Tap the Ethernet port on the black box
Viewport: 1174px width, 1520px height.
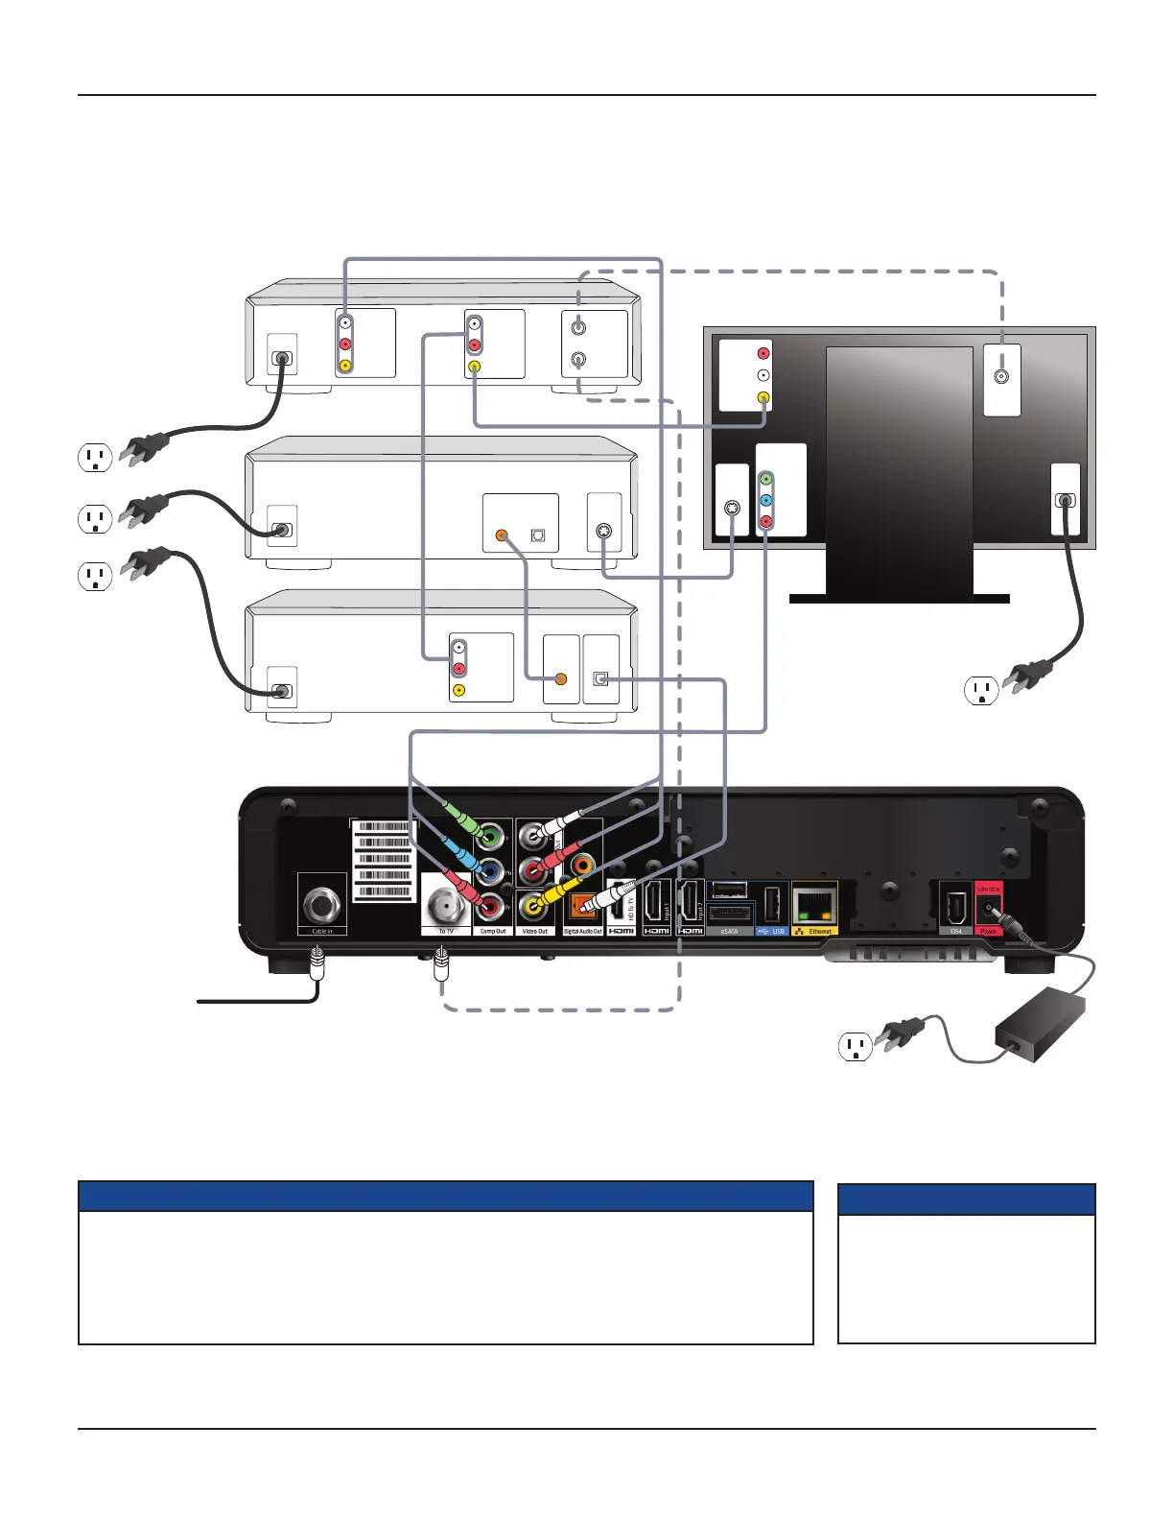814,904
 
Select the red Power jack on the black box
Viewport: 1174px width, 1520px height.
989,908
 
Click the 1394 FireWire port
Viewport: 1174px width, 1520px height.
955,906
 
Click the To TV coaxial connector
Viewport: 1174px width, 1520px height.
446,904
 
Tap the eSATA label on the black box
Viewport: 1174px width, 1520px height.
729,931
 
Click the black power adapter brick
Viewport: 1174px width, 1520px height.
1041,1026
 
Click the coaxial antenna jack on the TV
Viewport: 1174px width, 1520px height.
1002,377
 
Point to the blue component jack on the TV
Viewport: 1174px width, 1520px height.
765,500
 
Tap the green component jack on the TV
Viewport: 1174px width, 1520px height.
765,479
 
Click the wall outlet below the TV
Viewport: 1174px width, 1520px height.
981,690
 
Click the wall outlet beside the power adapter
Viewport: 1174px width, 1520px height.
856,1046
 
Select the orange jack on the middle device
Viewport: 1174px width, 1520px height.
501,534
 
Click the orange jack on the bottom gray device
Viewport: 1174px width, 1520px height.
561,678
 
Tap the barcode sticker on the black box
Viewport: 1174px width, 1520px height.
385,860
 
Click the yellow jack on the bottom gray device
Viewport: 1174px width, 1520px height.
459,690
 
